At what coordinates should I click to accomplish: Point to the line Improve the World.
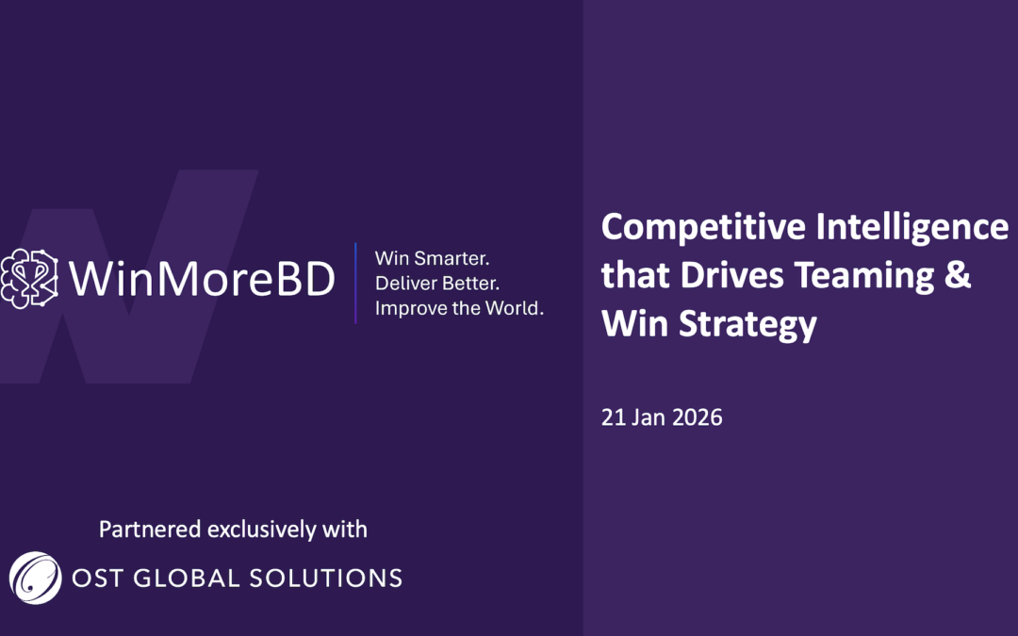tap(459, 309)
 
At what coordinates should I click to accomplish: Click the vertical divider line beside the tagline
tap(355, 283)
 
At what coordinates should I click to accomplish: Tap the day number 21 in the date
tap(613, 417)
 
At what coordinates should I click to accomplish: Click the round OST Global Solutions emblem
tap(35, 577)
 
